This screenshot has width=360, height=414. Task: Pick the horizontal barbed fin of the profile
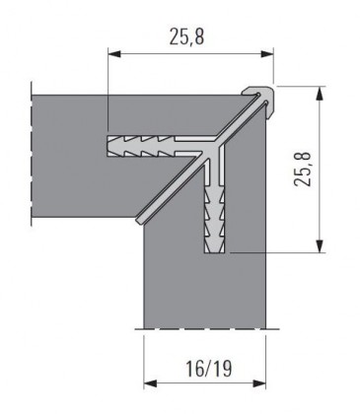(x=153, y=146)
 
